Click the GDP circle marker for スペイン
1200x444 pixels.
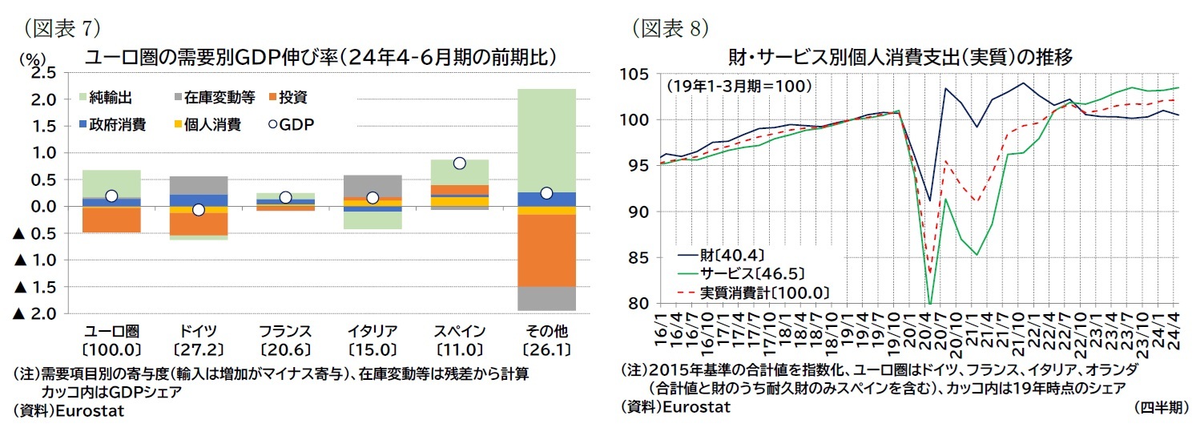(x=460, y=163)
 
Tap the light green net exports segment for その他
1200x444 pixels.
(x=546, y=140)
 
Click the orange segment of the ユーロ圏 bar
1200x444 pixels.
(x=111, y=219)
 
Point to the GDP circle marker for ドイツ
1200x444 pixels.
(x=198, y=210)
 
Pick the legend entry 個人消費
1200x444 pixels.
(x=211, y=124)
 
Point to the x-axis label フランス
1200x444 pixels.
(x=285, y=332)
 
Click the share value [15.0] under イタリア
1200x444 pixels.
(x=372, y=349)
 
